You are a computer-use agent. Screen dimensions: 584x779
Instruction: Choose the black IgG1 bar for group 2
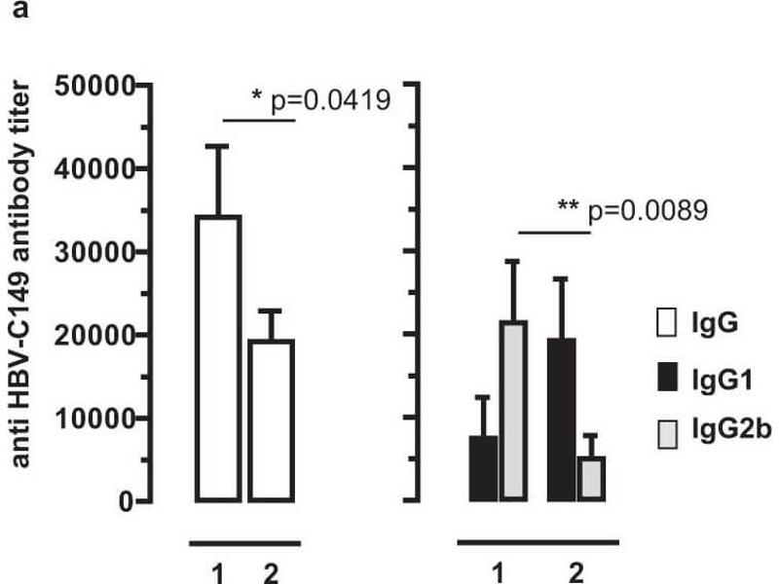point(561,420)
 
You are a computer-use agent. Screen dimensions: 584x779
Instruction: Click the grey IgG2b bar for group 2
point(590,478)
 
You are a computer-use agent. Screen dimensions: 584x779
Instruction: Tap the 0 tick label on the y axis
point(124,501)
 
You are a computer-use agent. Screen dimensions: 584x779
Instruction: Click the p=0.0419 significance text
point(330,98)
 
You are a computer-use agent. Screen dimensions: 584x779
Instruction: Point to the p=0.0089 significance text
point(644,208)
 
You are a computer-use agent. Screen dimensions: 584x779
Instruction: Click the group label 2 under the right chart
point(575,572)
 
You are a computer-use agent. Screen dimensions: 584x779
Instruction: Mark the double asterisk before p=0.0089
point(569,206)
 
